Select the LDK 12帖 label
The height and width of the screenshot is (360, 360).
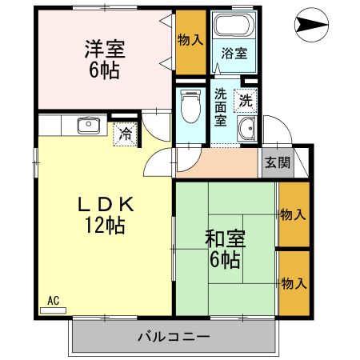[x=103, y=214]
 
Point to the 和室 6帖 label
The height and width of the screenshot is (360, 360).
[x=224, y=248]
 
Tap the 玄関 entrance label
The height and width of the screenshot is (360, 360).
[x=277, y=163]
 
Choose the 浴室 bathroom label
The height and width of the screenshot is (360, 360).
[x=234, y=54]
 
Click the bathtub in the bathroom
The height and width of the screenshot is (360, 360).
[x=234, y=26]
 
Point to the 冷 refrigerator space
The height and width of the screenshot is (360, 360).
[x=126, y=134]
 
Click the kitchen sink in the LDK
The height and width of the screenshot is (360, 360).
[x=86, y=126]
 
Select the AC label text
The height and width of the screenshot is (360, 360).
[x=54, y=301]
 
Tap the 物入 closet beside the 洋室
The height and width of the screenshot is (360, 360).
[x=190, y=40]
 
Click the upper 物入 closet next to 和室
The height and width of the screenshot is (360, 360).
[x=292, y=214]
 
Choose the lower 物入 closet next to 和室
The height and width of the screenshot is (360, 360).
[x=292, y=284]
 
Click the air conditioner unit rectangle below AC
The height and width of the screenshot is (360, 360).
[x=53, y=309]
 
